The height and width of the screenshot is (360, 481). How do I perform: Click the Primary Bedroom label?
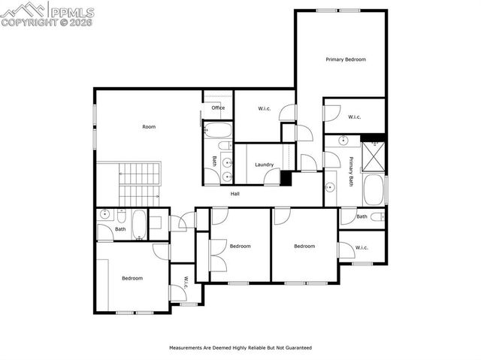pyautogui.click(x=345, y=59)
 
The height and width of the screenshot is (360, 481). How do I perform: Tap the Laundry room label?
pyautogui.click(x=264, y=165)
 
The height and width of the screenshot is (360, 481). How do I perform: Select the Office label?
pyautogui.click(x=218, y=107)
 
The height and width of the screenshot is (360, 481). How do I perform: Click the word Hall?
pyautogui.click(x=235, y=194)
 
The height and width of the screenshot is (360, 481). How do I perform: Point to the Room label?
pyautogui.click(x=149, y=126)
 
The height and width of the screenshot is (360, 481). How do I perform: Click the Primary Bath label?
pyautogui.click(x=351, y=171)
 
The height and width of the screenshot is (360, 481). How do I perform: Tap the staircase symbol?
pyautogui.click(x=139, y=183)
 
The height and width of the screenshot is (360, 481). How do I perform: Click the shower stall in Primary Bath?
pyautogui.click(x=373, y=156)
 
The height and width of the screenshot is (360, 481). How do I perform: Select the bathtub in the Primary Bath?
pyautogui.click(x=374, y=189)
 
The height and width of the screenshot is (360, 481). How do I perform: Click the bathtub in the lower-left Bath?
pyautogui.click(x=139, y=223)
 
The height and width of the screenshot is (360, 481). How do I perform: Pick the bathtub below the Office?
pyautogui.click(x=219, y=133)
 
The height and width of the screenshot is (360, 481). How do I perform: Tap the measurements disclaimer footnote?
pyautogui.click(x=240, y=348)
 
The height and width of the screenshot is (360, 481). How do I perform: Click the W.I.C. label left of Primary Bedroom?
pyautogui.click(x=265, y=109)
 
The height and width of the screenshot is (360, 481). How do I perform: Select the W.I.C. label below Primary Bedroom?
pyautogui.click(x=355, y=116)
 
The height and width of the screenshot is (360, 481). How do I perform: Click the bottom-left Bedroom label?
pyautogui.click(x=132, y=278)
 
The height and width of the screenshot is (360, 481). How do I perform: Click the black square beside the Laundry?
pyautogui.click(x=286, y=178)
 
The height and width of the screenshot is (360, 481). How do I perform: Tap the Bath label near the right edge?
pyautogui.click(x=362, y=216)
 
